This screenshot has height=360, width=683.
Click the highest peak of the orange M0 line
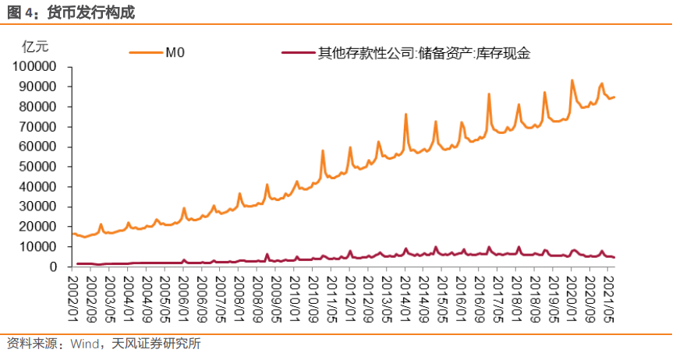572,80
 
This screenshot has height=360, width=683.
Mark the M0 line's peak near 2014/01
406,115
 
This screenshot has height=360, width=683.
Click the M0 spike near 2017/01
489,94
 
